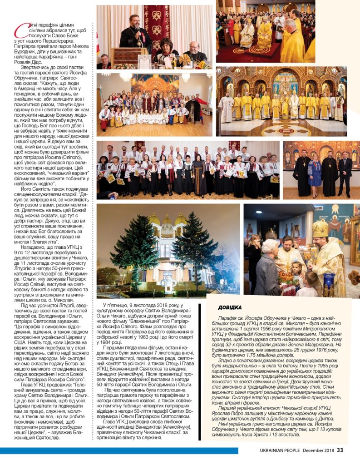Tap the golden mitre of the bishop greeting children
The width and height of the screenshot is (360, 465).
320,228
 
